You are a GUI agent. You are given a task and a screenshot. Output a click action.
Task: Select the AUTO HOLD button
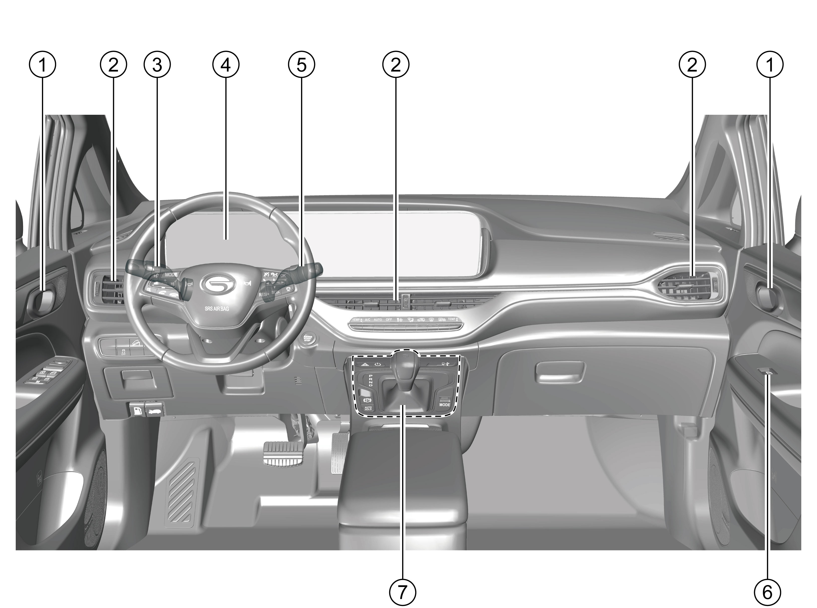368,408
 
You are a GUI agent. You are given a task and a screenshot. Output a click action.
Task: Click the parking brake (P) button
367,400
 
